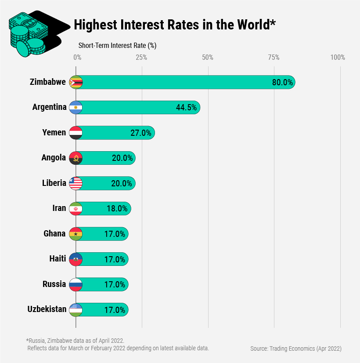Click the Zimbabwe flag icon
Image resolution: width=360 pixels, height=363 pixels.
76,82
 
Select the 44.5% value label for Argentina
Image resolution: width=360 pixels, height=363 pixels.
186,108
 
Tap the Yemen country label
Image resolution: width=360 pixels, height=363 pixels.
55,133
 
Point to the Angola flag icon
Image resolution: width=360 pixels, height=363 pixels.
76,158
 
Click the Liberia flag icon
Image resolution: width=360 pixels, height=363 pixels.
76,183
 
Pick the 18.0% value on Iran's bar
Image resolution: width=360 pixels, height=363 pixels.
117,209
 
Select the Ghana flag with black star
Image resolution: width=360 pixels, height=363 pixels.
76,234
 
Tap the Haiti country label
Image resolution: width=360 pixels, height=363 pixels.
58,259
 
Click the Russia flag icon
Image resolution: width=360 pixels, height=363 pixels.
76,284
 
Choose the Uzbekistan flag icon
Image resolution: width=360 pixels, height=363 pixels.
76,309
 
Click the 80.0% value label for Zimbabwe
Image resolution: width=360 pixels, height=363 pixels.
282,82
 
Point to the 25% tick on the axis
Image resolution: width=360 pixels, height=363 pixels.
141,57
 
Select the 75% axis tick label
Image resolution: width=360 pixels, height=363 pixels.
274,57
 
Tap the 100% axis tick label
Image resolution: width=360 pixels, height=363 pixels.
338,57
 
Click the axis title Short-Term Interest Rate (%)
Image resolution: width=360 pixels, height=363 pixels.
117,45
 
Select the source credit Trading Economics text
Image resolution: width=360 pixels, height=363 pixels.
296,348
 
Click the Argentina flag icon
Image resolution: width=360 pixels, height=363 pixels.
76,108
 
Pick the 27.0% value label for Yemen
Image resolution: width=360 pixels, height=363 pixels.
140,133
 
